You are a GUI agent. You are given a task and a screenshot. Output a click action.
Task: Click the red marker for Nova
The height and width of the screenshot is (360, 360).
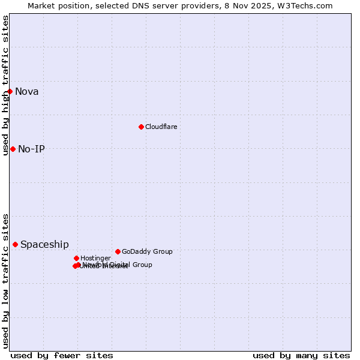(x=10, y=91)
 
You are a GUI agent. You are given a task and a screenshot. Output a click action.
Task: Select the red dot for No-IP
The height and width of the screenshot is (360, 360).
(x=13, y=149)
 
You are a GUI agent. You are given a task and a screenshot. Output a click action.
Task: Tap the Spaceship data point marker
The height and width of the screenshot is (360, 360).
(x=15, y=244)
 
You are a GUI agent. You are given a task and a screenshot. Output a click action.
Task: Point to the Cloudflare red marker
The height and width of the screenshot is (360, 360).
(x=141, y=127)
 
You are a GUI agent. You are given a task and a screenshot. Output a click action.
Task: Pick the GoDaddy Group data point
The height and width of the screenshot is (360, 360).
(x=118, y=251)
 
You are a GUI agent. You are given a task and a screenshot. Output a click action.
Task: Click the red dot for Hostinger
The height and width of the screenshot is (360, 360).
(x=76, y=258)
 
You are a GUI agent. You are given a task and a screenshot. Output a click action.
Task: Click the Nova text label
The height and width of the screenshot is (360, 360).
(x=27, y=92)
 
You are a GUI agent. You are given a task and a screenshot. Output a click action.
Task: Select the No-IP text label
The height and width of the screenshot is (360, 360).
(x=31, y=149)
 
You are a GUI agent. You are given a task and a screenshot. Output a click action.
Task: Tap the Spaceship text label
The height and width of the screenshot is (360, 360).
(x=44, y=245)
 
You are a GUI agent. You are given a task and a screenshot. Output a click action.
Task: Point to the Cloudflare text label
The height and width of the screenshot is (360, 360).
(x=161, y=127)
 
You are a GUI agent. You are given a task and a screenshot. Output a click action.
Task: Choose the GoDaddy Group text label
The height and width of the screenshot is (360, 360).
(x=147, y=251)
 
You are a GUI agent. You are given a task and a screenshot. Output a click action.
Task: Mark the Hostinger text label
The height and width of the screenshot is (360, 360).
(x=95, y=258)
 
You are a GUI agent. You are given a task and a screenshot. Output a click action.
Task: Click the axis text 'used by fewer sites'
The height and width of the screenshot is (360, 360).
(x=62, y=355)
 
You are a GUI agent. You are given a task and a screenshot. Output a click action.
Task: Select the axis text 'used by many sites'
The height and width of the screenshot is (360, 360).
(x=301, y=355)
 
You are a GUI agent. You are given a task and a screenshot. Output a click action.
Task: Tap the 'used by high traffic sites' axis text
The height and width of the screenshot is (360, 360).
(x=5, y=85)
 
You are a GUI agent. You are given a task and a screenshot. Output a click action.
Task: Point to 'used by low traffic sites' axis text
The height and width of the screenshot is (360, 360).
(x=5, y=280)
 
